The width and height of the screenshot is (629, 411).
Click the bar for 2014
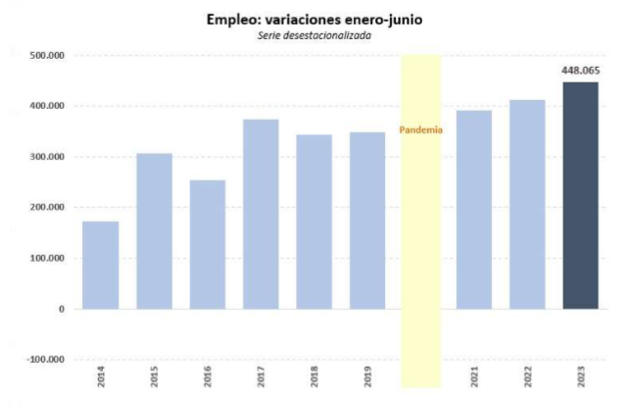[x=101, y=265]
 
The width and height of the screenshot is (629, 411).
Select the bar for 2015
[x=154, y=231]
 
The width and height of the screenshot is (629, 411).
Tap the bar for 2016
[x=208, y=244]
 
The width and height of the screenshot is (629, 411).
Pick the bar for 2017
[x=261, y=214]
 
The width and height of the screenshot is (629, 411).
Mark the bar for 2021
[x=474, y=209]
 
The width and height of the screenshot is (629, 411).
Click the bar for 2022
[x=527, y=204]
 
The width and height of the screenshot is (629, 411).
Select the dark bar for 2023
[x=580, y=195]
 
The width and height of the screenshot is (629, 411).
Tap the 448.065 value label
[x=580, y=72]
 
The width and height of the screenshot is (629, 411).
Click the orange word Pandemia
[x=420, y=129]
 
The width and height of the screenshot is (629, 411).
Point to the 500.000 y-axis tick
[x=47, y=56]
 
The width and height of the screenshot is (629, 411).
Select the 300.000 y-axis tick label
[x=47, y=157]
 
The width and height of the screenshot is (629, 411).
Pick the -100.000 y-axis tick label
[x=45, y=360]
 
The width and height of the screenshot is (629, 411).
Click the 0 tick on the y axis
[x=61, y=309]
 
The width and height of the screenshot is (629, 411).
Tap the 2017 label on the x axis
[x=262, y=377]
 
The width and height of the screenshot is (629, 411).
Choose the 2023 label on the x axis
[x=581, y=377]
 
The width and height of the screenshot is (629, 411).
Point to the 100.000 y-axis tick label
[x=47, y=259]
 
